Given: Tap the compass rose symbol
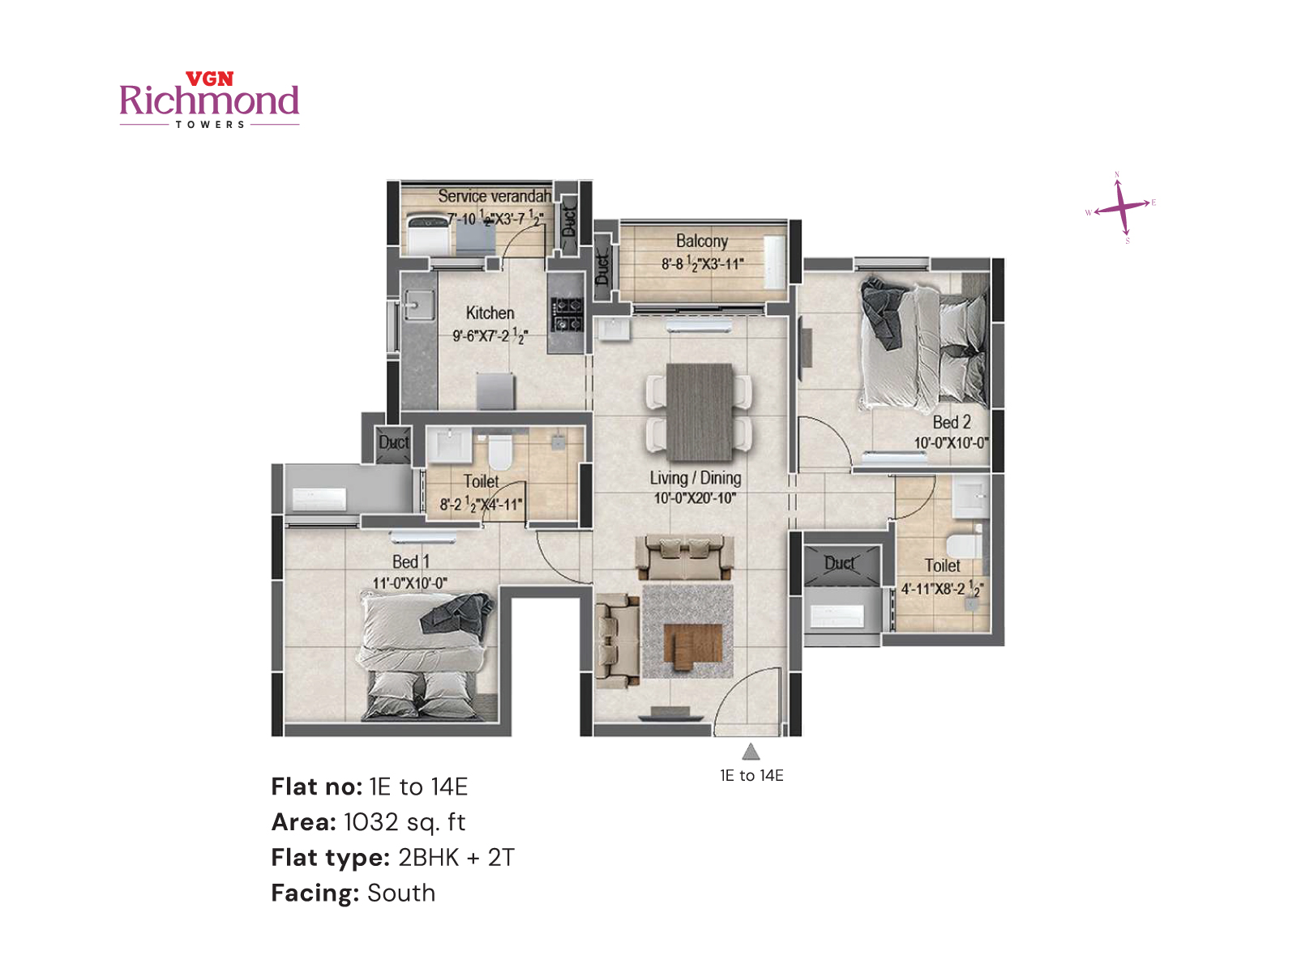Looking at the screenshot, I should pyautogui.click(x=1122, y=207).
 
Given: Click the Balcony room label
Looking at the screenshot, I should pyautogui.click(x=702, y=241).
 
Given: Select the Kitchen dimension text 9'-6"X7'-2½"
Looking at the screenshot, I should pyautogui.click(x=490, y=335).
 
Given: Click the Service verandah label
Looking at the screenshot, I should pyautogui.click(x=494, y=196).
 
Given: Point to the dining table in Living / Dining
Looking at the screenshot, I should pyautogui.click(x=699, y=411).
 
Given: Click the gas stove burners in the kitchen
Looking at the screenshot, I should pyautogui.click(x=567, y=314).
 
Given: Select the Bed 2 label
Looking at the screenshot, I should pyautogui.click(x=951, y=422).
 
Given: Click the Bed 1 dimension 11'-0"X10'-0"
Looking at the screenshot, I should pyautogui.click(x=409, y=583).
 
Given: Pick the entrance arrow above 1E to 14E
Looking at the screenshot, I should pyautogui.click(x=751, y=752).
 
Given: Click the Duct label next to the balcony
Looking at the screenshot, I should pyautogui.click(x=602, y=268).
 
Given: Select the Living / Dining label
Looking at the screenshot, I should pyautogui.click(x=695, y=478).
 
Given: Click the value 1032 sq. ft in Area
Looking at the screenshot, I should pyautogui.click(x=404, y=822).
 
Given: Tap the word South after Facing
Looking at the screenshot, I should pyautogui.click(x=401, y=893).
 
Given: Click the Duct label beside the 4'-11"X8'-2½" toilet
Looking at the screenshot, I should pyautogui.click(x=839, y=562).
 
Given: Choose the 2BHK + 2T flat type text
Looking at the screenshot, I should pyautogui.click(x=456, y=857).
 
